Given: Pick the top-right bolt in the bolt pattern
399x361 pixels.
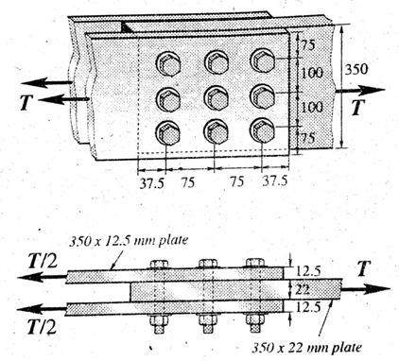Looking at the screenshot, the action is tap(262, 61).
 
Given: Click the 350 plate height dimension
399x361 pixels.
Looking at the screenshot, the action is tap(353, 69).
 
